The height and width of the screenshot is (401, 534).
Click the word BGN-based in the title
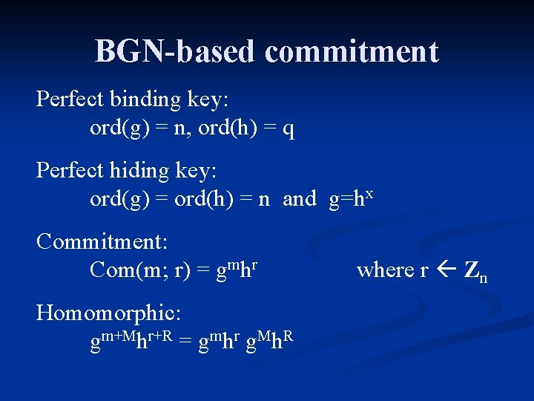tap(176, 51)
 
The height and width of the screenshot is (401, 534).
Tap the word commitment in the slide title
tap(352, 51)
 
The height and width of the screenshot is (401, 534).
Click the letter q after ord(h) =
tap(289, 129)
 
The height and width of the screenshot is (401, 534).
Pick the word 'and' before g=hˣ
tap(300, 199)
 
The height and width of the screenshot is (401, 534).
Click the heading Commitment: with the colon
tap(102, 241)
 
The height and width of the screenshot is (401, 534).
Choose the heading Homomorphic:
tap(109, 313)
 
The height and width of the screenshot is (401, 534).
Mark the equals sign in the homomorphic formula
tap(185, 342)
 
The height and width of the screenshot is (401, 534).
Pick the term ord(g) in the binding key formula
tap(115, 128)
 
